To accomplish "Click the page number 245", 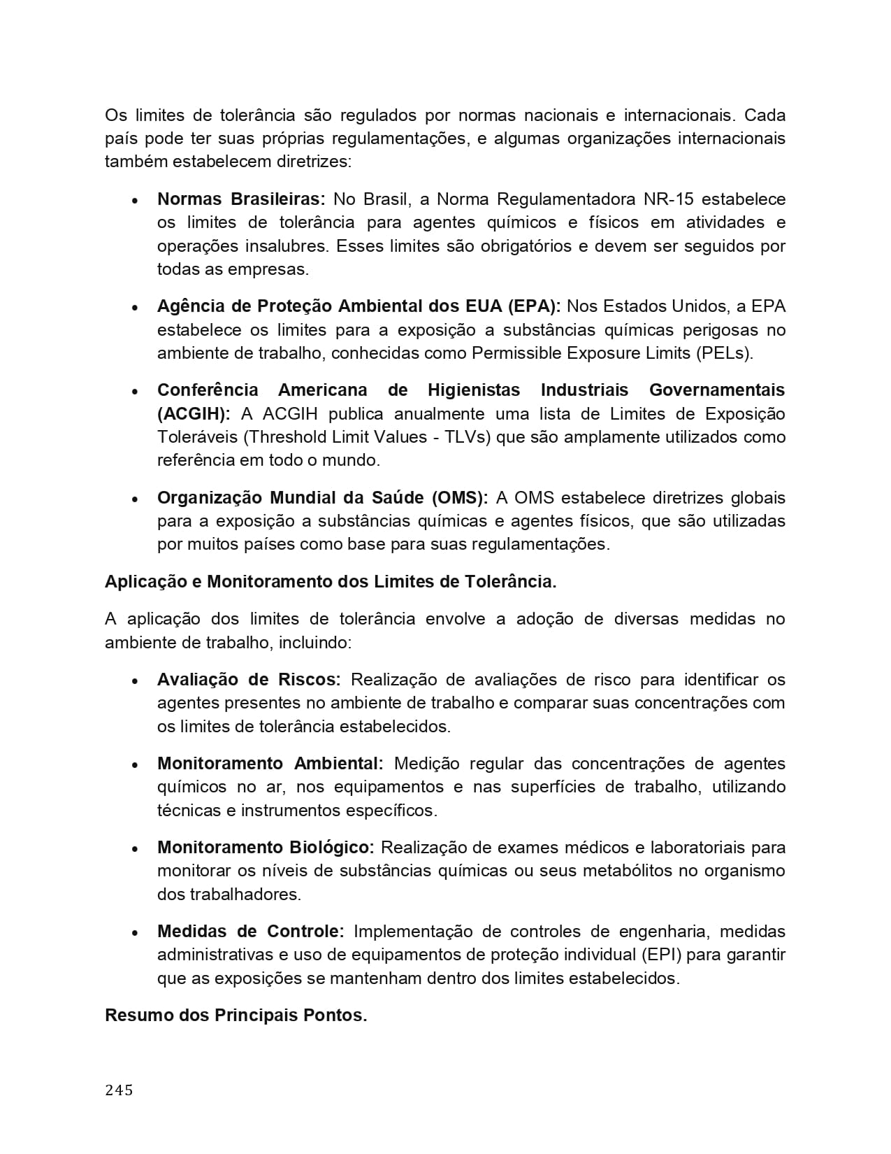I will click(119, 1090).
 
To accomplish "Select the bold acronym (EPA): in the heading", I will click(534, 306).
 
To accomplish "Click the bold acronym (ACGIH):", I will click(194, 414).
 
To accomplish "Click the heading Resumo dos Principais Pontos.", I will click(236, 1016).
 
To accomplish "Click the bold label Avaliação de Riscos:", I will click(249, 680).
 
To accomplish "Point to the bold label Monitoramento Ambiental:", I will click(270, 764).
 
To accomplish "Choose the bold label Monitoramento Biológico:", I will click(266, 848).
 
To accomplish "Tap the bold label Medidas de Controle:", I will click(250, 932).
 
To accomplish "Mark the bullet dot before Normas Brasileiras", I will click(135, 201).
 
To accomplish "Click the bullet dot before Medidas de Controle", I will click(135, 933).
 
